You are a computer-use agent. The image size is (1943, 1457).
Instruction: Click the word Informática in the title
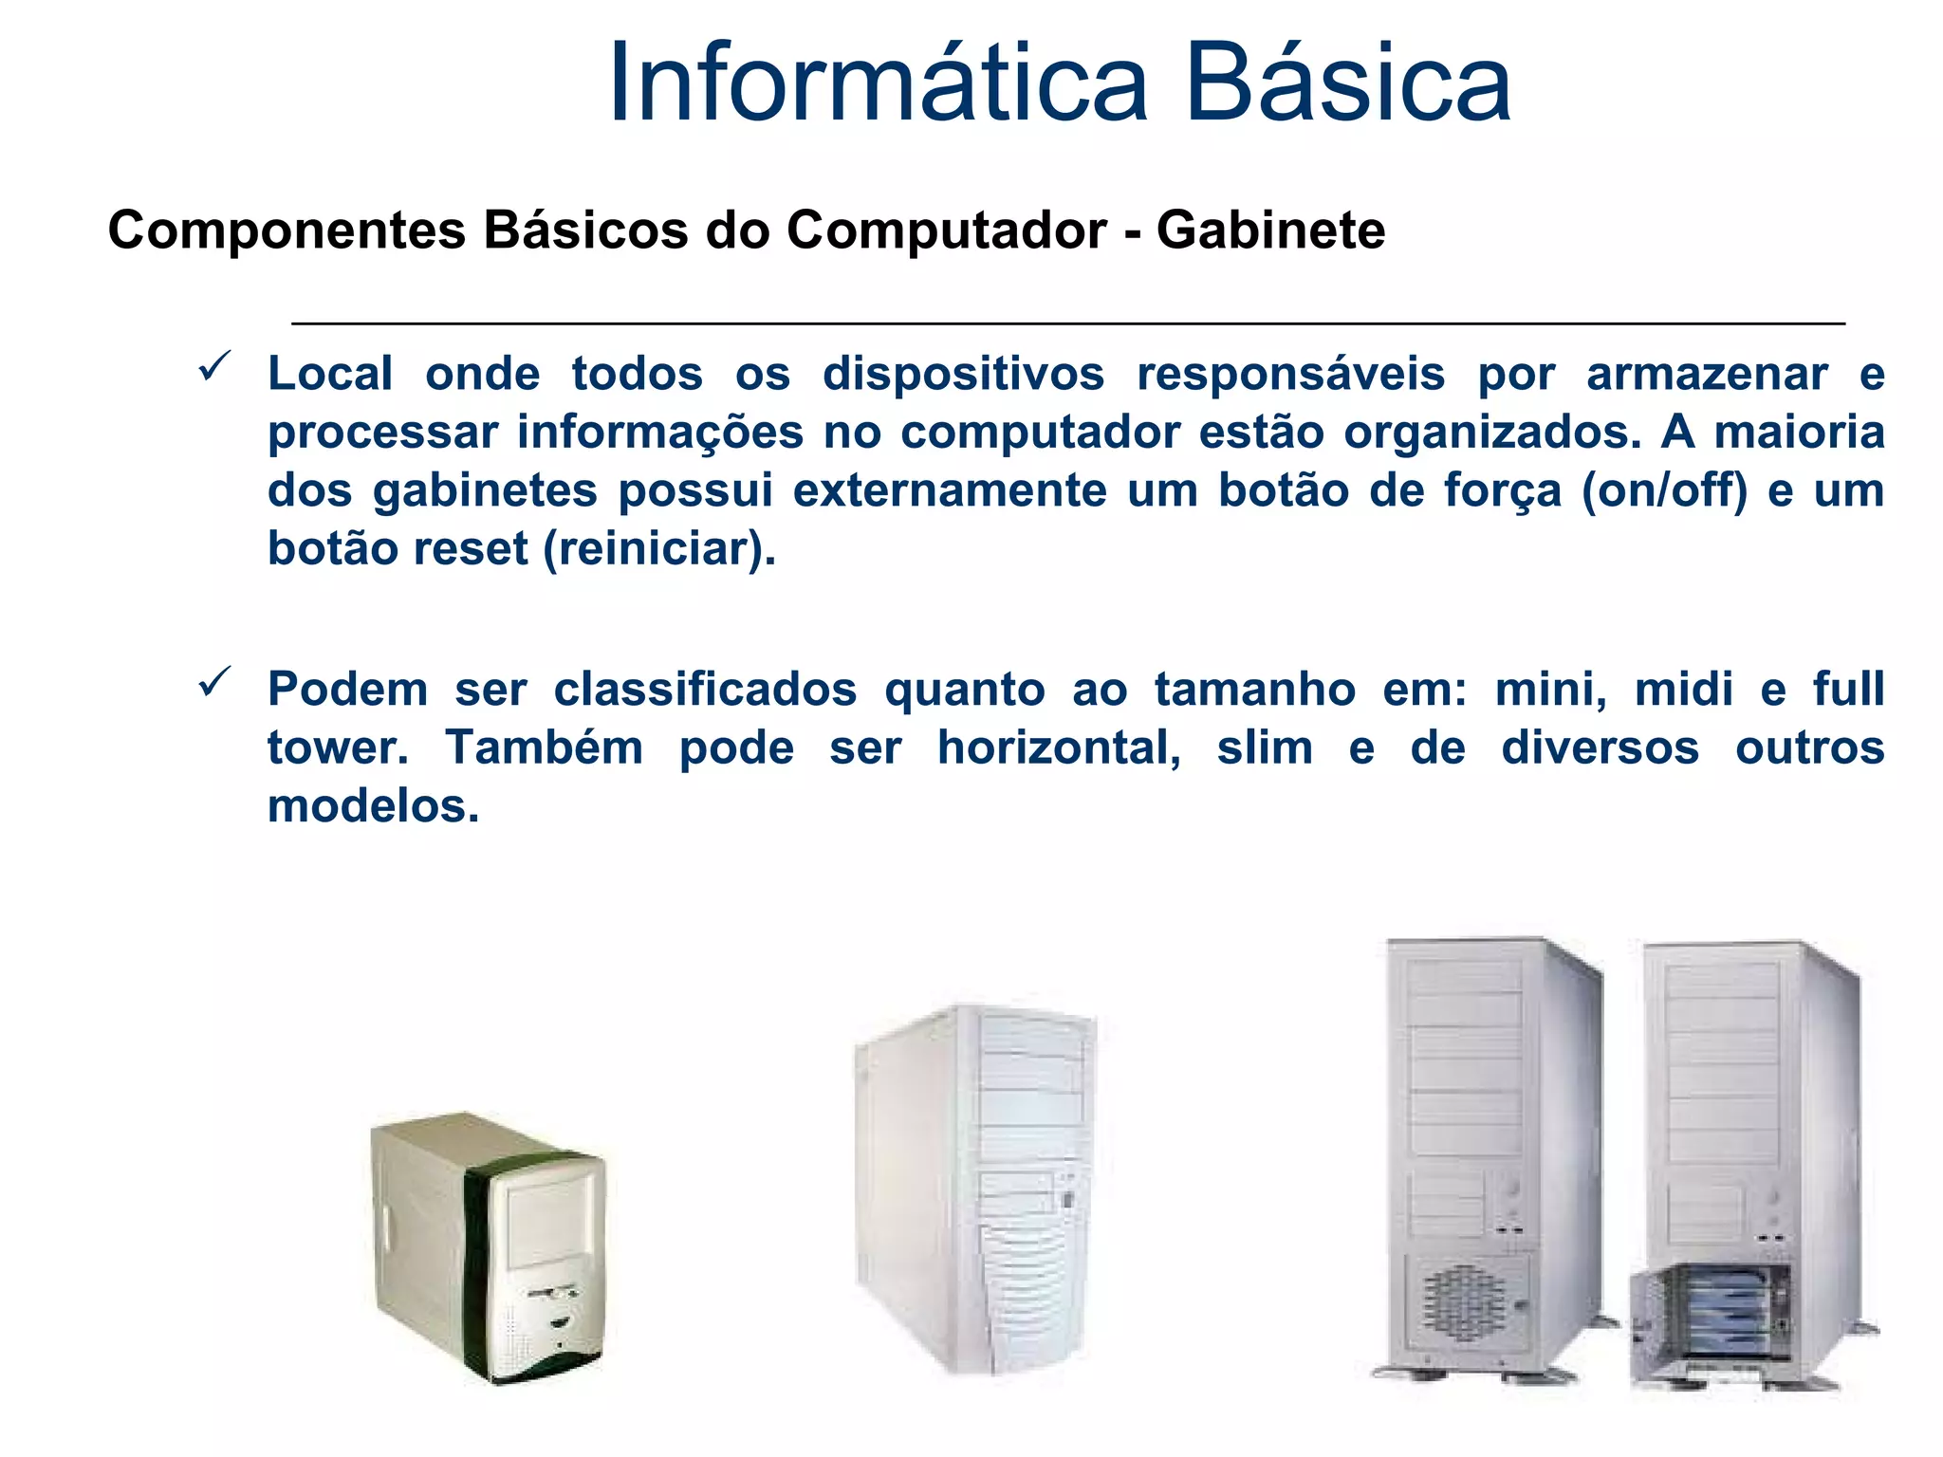tap(879, 83)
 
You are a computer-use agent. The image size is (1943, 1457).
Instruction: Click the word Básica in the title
tap(1347, 83)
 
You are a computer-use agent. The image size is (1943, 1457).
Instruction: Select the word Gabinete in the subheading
tap(1270, 231)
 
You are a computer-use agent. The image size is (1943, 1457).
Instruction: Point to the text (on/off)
tap(1664, 491)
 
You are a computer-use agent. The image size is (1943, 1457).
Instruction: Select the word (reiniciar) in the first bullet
tap(659, 549)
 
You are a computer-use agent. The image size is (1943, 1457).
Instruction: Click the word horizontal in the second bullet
tap(1059, 748)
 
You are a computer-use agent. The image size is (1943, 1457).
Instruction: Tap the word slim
tap(1265, 748)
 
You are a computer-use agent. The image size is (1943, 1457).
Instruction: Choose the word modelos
tap(373, 807)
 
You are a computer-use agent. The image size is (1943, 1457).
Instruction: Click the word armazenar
tap(1707, 375)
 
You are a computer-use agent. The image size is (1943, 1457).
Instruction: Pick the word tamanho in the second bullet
tap(1254, 690)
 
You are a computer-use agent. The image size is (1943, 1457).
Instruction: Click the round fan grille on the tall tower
tap(1464, 1303)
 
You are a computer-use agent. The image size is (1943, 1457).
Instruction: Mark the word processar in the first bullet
tap(382, 433)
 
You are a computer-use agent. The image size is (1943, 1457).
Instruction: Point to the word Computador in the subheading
tap(946, 231)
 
